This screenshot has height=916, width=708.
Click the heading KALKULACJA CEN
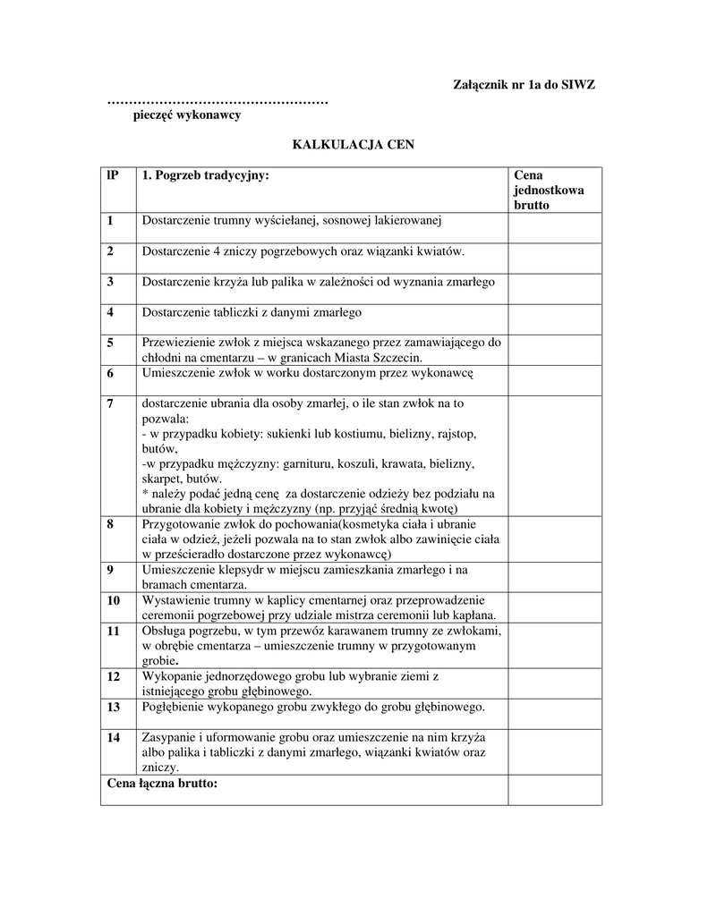[x=354, y=145]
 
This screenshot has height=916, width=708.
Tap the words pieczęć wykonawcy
[x=187, y=115]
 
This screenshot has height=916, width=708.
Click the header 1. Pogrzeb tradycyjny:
[x=205, y=175]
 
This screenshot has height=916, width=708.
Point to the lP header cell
[x=112, y=175]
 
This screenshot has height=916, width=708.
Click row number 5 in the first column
[x=110, y=343]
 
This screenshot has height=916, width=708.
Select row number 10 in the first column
[x=113, y=600]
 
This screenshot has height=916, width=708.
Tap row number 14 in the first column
[x=113, y=737]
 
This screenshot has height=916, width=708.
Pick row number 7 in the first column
[x=110, y=403]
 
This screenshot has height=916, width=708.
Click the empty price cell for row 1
[x=554, y=228]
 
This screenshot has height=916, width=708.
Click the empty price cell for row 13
[x=554, y=714]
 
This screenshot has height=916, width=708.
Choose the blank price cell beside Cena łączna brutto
[x=554, y=790]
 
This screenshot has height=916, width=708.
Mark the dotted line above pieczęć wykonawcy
[x=218, y=101]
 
